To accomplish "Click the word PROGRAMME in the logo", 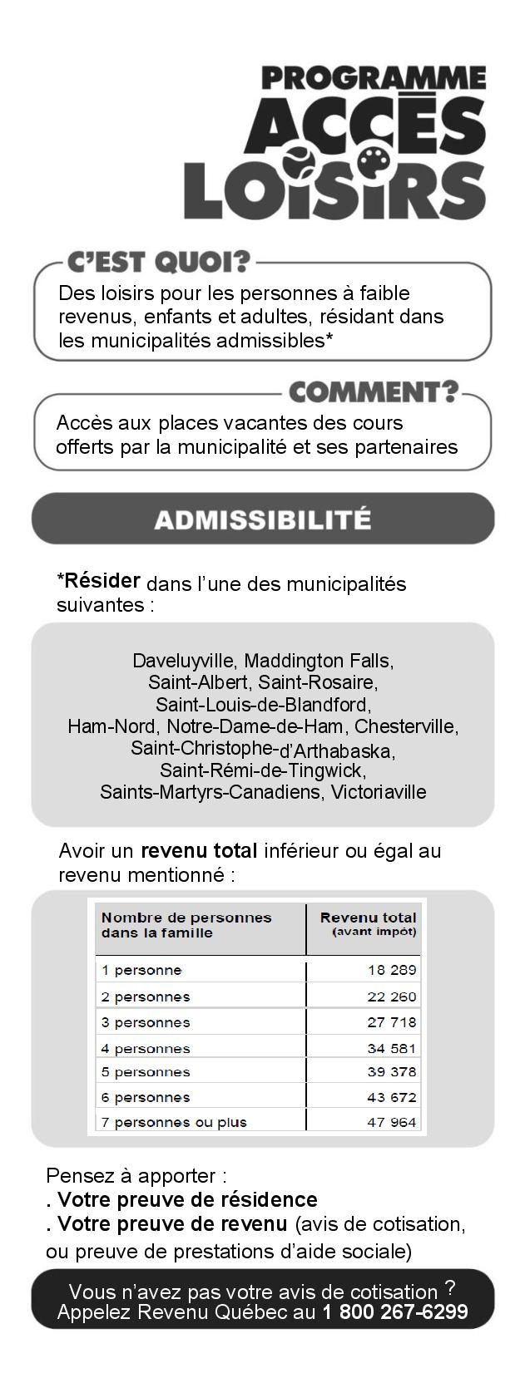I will pos(374,79).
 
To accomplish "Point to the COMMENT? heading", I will pos(373,391).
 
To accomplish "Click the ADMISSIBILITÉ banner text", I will pos(262,519).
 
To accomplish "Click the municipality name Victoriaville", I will pos(379,791).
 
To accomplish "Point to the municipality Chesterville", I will pos(406,726).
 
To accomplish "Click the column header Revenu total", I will pos(368,918).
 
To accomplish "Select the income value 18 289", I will pos(392,970).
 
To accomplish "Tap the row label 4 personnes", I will pos(146,1049).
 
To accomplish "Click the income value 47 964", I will pos(392,1122).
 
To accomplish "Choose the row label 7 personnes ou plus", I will pos(174,1122).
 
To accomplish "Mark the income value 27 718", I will pos(392,1022).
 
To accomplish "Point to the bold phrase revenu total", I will pos(199,851).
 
